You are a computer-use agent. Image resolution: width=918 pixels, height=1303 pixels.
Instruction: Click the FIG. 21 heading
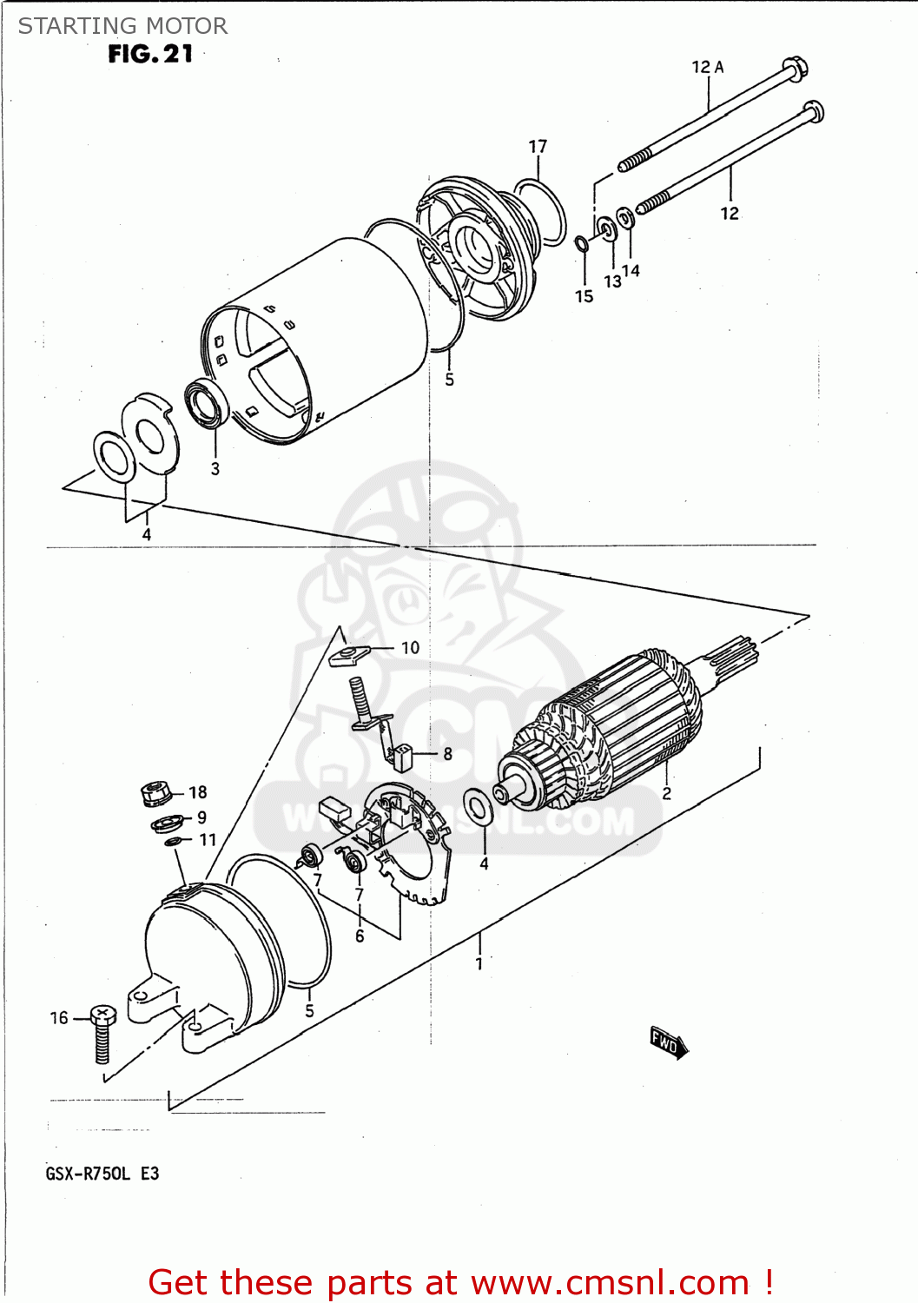click(150, 54)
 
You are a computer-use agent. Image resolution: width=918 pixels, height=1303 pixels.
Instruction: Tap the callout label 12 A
click(707, 67)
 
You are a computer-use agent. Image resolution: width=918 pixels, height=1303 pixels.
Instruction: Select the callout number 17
click(538, 147)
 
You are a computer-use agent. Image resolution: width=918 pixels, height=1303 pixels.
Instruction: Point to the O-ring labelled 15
click(582, 242)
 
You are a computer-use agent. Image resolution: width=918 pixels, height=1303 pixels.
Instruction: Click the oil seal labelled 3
click(208, 404)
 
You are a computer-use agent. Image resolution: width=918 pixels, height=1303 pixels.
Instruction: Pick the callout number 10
click(410, 647)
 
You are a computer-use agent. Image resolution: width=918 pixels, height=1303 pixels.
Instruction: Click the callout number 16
click(59, 1017)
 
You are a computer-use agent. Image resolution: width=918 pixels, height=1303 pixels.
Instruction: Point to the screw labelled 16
click(102, 1034)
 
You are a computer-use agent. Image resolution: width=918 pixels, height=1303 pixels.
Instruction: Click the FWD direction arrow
click(668, 1042)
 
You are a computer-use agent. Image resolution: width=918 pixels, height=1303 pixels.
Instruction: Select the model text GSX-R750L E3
click(102, 1174)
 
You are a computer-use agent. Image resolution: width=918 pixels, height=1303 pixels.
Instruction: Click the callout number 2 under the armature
click(666, 793)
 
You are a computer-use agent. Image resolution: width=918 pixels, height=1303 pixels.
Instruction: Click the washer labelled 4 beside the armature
click(478, 807)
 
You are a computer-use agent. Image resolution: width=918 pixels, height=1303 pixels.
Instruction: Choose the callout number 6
click(360, 936)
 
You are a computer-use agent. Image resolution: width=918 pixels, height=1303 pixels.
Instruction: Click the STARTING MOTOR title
click(122, 26)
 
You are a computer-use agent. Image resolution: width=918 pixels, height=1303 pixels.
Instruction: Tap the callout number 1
click(479, 963)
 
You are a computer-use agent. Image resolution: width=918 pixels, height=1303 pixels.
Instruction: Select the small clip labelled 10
click(349, 655)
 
